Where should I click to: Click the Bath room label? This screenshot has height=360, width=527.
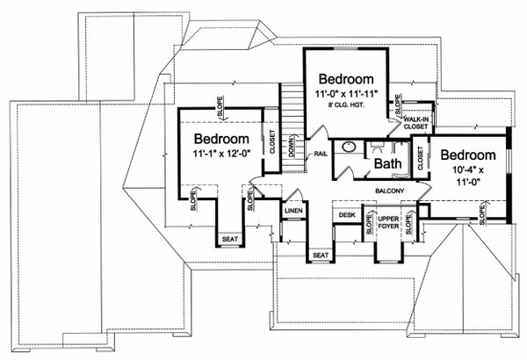(388, 163)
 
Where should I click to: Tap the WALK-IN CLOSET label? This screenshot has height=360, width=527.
(416, 123)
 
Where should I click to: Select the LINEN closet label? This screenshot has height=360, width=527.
(293, 211)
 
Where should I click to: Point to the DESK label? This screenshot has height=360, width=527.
(347, 214)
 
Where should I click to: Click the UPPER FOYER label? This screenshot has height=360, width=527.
(388, 222)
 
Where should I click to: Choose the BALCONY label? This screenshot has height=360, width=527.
(389, 191)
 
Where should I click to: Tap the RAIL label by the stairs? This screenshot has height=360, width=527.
(321, 154)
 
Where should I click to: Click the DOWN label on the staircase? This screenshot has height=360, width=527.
(292, 146)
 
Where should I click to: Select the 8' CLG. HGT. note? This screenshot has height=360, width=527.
(347, 104)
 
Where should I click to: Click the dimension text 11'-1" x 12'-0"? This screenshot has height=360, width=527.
(222, 154)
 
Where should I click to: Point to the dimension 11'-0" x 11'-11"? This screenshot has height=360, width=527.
(347, 93)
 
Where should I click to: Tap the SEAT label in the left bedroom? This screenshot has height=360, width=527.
(230, 240)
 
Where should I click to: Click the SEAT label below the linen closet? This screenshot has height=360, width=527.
(321, 256)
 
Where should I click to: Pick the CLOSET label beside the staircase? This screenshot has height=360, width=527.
(272, 141)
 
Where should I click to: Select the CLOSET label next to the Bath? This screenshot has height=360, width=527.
(421, 158)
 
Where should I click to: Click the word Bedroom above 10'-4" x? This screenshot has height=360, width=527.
(468, 155)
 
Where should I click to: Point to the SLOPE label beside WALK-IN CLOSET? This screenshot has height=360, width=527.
(398, 104)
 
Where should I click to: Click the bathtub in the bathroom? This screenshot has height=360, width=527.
(402, 159)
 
